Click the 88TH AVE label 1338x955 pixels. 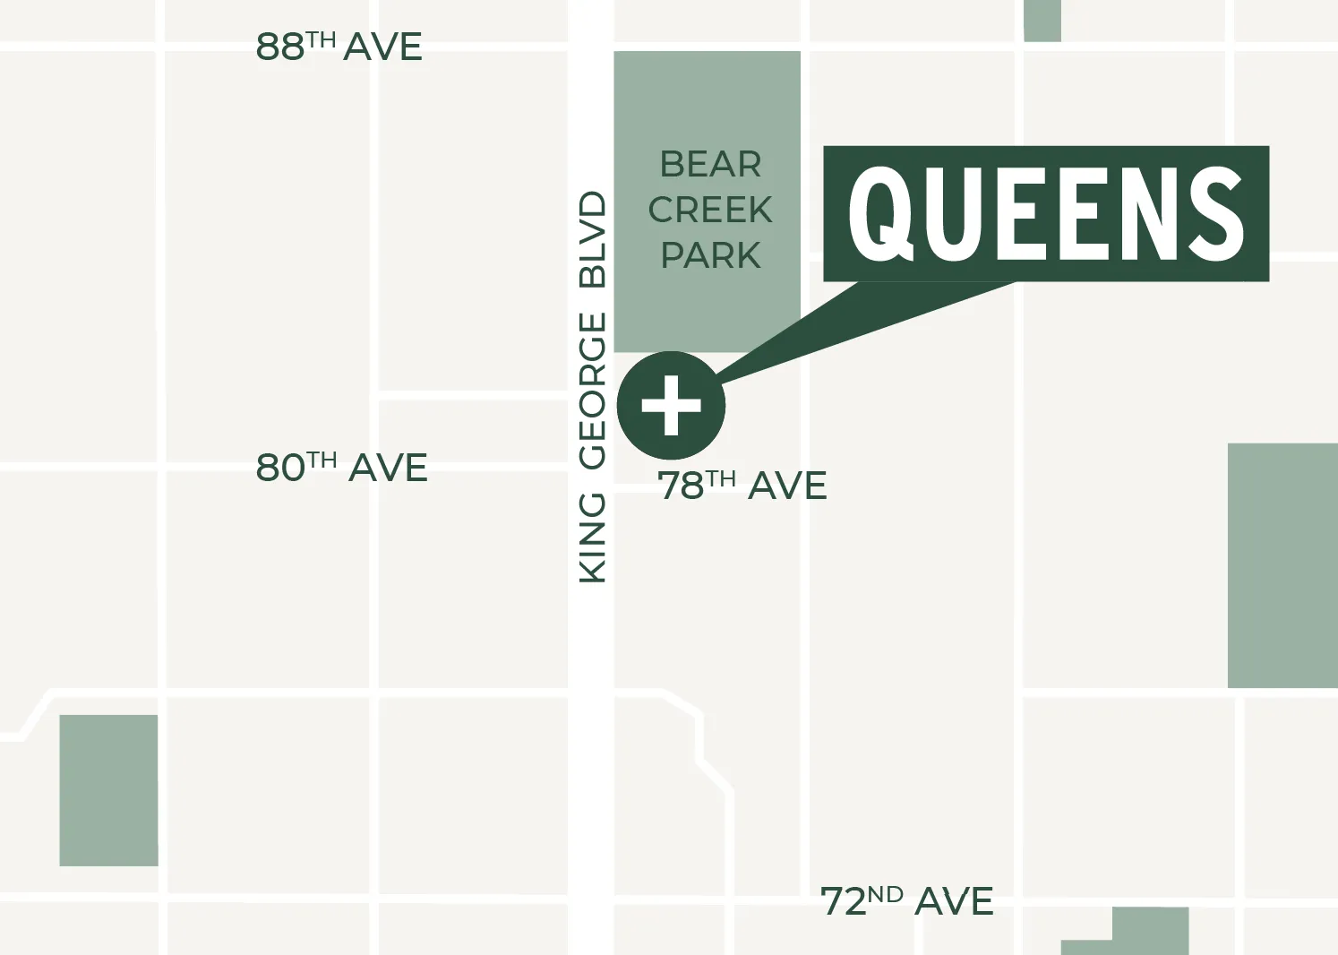click(339, 47)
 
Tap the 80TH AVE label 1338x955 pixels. click(341, 468)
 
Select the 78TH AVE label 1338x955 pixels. click(742, 486)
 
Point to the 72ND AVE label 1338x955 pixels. click(906, 901)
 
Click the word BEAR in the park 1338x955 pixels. click(710, 165)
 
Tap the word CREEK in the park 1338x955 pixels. click(710, 211)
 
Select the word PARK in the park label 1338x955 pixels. click(710, 256)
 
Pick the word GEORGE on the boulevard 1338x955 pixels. click(593, 391)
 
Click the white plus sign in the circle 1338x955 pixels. click(671, 405)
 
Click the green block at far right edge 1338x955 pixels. click(1282, 564)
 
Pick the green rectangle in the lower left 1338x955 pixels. click(108, 790)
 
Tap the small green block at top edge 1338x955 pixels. click(1042, 20)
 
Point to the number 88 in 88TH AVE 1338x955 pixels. click(279, 47)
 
